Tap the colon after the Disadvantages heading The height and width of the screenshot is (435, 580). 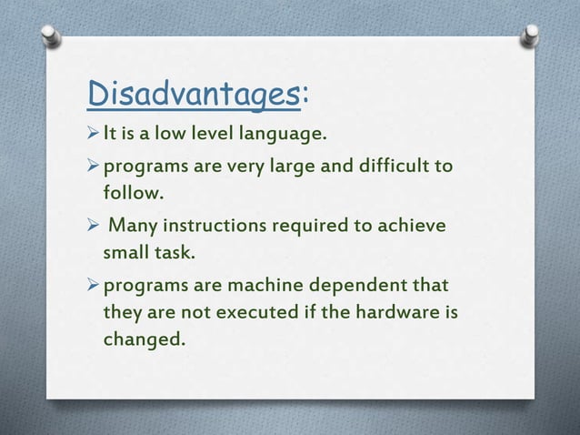[302, 93]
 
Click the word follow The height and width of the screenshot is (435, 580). [135, 194]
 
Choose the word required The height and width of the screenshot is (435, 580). [320, 225]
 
